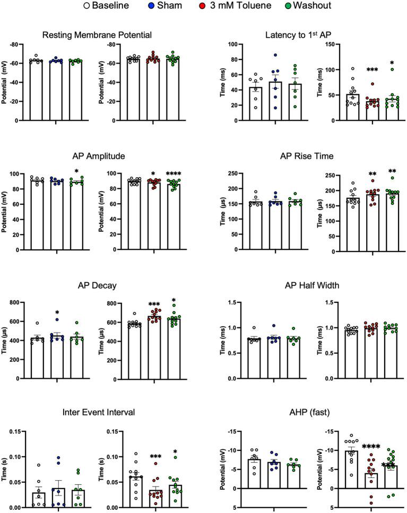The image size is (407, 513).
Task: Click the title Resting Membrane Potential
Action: point(97,35)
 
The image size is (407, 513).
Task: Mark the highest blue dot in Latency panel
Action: point(274,55)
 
